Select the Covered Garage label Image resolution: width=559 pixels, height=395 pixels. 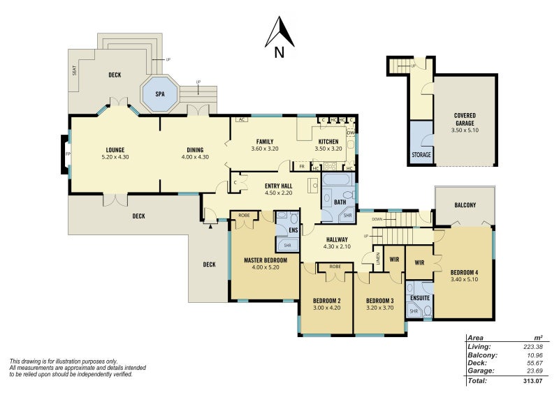click(465, 119)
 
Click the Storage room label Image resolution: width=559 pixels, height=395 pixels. click(421, 154)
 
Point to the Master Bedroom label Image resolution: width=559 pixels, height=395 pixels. click(266, 260)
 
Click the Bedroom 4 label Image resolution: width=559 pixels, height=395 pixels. click(465, 272)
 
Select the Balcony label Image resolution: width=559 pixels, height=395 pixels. click(465, 204)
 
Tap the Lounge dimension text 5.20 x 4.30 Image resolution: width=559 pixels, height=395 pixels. click(115, 156)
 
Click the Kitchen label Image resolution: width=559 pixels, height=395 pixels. click(328, 141)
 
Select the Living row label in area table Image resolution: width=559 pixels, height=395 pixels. click(479, 346)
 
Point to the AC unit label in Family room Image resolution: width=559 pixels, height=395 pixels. click(241, 119)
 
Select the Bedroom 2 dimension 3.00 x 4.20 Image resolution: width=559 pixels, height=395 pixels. click(326, 308)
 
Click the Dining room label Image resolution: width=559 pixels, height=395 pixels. click(195, 149)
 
